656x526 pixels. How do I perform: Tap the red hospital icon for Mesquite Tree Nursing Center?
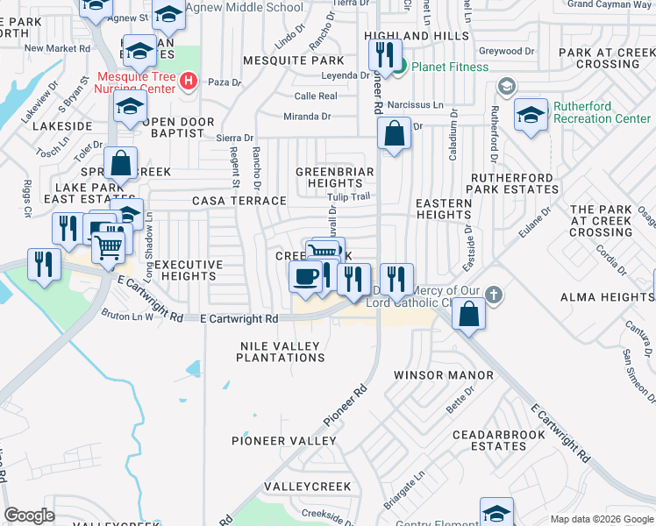point(187,82)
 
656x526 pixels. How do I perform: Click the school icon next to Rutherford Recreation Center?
point(531,116)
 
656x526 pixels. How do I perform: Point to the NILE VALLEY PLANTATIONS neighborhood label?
point(282,352)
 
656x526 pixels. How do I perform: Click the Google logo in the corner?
point(29,515)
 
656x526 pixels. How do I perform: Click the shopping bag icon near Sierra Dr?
point(395,135)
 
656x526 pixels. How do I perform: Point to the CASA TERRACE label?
point(239,201)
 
